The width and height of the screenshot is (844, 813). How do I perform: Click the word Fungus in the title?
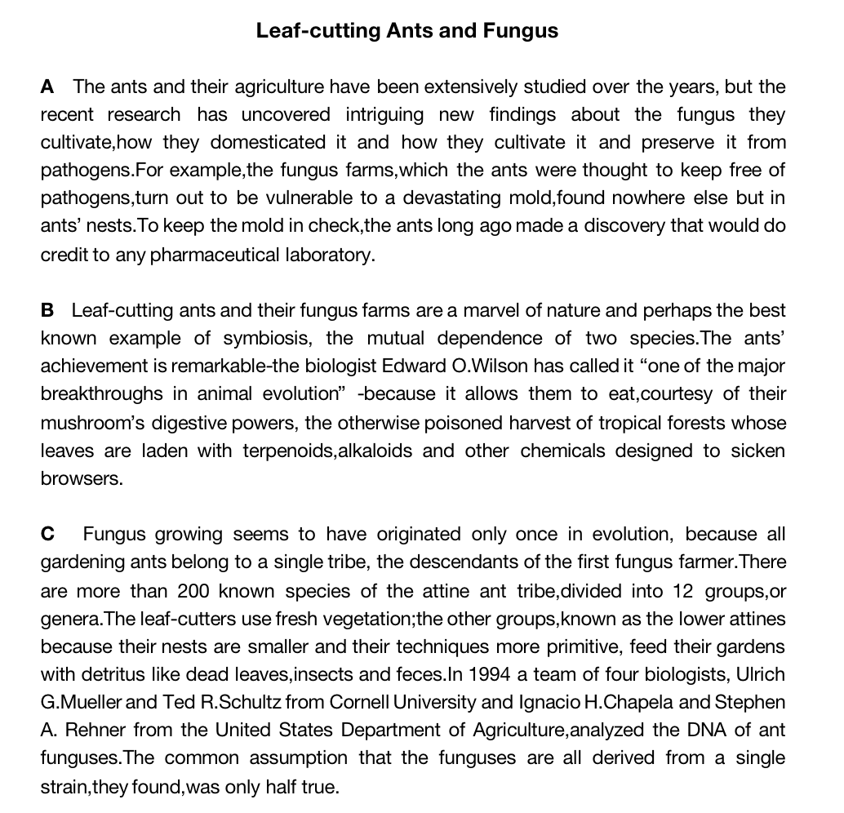click(520, 31)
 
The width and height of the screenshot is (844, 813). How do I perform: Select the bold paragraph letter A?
click(47, 87)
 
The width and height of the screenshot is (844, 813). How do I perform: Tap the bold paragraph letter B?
click(47, 311)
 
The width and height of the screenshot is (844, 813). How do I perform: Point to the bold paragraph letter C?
click(48, 535)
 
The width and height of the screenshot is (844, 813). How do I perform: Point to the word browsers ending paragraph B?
click(82, 479)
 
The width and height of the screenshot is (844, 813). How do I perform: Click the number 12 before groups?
click(682, 591)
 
